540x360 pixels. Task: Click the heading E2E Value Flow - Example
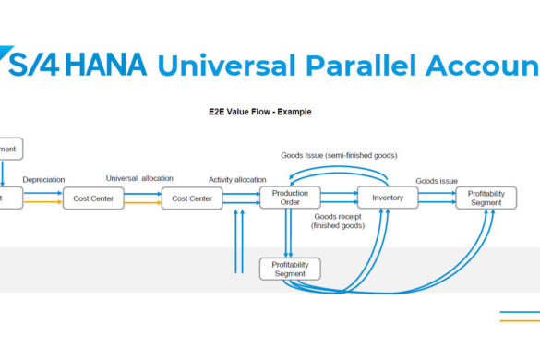(x=259, y=112)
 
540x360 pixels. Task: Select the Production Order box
(x=290, y=198)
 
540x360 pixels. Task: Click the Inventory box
(x=388, y=198)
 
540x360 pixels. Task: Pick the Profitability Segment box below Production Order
(x=290, y=269)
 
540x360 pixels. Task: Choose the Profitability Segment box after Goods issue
(x=486, y=198)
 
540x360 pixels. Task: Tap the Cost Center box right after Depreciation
(x=93, y=198)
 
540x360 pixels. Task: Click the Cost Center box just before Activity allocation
(x=192, y=198)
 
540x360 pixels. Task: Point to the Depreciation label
(x=43, y=180)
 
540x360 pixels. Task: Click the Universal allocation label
(x=139, y=178)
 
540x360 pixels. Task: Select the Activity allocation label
(x=237, y=180)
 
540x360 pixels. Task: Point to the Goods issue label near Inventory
(x=437, y=182)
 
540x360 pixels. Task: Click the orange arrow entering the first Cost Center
(x=42, y=201)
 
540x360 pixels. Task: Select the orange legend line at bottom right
(x=520, y=321)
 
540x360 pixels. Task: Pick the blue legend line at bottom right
(x=520, y=312)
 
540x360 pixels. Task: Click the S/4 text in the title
(x=33, y=66)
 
